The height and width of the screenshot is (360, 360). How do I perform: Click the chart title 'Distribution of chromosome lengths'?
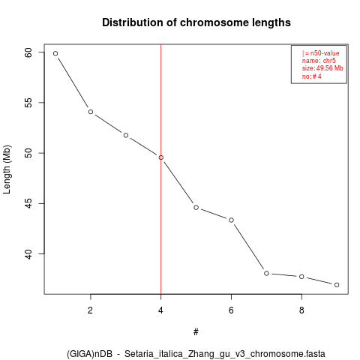tap(196, 22)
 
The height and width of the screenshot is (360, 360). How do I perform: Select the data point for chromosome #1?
tap(55, 53)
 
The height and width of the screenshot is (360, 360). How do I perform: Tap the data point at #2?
tap(91, 112)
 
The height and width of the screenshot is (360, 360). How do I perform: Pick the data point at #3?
tap(126, 135)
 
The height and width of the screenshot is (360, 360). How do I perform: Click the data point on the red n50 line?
tap(161, 157)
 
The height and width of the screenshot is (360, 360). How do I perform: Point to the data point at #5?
tap(196, 208)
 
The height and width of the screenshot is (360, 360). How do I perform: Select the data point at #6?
tap(231, 220)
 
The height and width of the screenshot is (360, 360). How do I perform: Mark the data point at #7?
tap(266, 274)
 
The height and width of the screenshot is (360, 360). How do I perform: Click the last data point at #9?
tap(337, 285)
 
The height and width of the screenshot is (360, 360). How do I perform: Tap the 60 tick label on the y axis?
tap(28, 52)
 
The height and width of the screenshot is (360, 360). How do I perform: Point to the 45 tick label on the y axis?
tap(28, 203)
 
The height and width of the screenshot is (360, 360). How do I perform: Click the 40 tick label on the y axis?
tap(28, 254)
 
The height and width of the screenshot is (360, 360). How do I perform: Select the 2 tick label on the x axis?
tap(90, 310)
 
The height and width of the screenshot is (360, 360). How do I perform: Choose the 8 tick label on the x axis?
tap(301, 310)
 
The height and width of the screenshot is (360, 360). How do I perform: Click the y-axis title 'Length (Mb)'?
tap(7, 169)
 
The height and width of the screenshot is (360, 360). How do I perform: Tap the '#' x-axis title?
tap(196, 332)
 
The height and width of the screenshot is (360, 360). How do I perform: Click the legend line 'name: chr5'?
tap(319, 61)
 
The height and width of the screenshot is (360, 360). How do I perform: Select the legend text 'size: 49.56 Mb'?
tap(322, 68)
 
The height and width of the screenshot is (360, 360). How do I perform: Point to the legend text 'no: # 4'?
tap(311, 76)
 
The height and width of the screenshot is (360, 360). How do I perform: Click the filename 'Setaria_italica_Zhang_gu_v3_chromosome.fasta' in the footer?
tap(225, 354)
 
